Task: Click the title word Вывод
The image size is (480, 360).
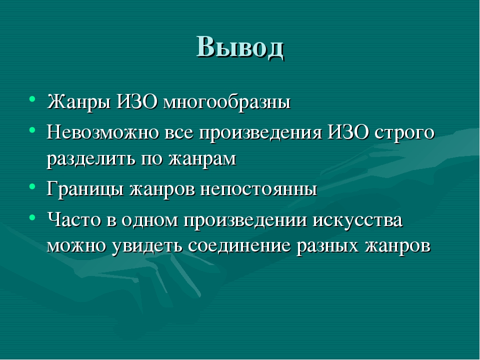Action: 240,47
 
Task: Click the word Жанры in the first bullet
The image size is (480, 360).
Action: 79,102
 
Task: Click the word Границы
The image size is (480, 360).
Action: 85,189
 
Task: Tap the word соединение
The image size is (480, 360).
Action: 239,245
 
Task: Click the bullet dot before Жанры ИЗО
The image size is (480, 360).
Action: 32,99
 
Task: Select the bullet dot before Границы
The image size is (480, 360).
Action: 32,186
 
